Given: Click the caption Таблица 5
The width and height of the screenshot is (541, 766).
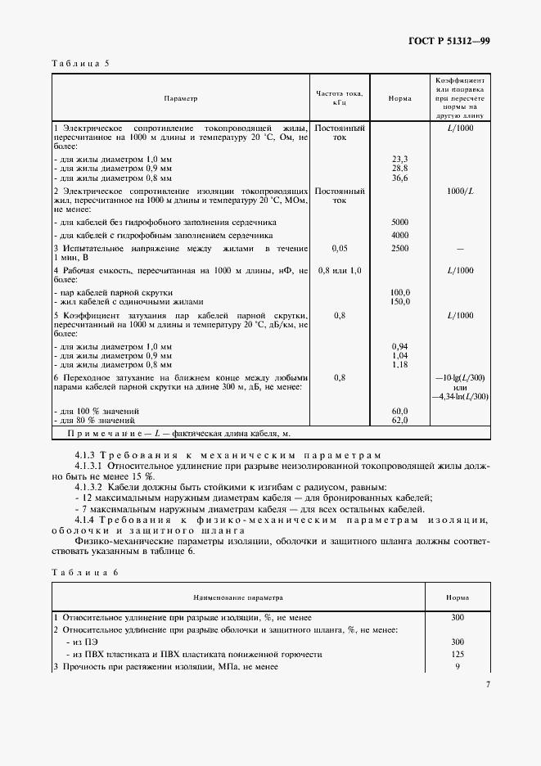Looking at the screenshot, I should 80,64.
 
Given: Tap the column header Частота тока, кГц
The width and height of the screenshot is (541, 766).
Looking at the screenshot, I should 339,98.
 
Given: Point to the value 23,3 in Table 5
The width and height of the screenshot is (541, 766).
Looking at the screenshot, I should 400,158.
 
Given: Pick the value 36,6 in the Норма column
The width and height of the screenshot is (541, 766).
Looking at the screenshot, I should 400,177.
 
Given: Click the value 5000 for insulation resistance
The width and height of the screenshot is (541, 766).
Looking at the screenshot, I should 400,222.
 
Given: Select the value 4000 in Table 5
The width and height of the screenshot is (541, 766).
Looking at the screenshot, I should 400,236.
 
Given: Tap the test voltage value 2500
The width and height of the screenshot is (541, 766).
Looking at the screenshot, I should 400,248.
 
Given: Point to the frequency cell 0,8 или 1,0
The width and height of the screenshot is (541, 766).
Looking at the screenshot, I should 339,270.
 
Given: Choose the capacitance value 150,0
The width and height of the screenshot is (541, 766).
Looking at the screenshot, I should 400,301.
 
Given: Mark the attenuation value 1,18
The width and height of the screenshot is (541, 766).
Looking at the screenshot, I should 400,364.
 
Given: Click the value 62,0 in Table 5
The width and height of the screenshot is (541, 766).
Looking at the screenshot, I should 400,420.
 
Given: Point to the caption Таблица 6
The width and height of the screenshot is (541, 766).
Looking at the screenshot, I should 80,572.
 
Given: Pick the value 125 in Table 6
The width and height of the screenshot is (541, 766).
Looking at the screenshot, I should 458,655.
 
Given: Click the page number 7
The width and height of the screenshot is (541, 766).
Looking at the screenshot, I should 487,685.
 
